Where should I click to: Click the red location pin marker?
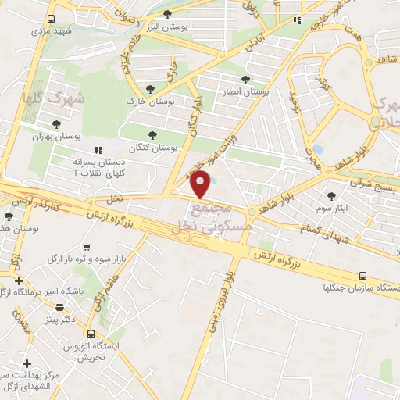point(201,184)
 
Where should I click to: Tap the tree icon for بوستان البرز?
point(169,14)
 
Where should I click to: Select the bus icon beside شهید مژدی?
point(51,19)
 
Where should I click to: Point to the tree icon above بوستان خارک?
point(150,89)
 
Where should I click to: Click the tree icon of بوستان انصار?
point(245,80)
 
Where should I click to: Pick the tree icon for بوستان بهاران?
point(55,123)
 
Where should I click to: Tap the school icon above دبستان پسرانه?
point(98,149)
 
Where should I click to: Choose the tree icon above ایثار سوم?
point(331,195)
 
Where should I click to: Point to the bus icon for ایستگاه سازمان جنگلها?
point(362,276)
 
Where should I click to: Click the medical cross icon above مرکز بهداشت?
point(27,363)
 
